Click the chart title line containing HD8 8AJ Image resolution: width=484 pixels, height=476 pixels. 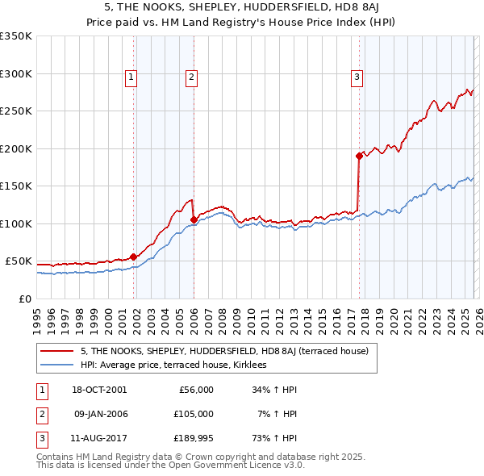click(241, 7)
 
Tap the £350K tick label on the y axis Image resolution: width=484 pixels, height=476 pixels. click(16, 36)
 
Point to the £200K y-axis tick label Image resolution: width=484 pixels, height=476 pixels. click(16, 148)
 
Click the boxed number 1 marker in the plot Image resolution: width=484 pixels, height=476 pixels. click(131, 77)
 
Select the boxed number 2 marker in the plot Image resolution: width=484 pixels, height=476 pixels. click(191, 77)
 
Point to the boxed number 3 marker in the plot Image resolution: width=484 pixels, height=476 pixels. click(357, 77)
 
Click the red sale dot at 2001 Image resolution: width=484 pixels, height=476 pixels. click(133, 257)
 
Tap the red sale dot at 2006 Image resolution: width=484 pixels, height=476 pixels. click(194, 219)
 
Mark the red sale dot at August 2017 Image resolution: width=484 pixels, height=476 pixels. click(358, 156)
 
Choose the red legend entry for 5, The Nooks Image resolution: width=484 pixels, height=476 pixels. click(224, 351)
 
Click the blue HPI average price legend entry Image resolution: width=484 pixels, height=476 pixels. click(178, 365)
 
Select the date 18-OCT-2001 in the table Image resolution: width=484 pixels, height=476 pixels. click(100, 390)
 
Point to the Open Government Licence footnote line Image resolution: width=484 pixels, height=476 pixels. click(170, 466)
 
